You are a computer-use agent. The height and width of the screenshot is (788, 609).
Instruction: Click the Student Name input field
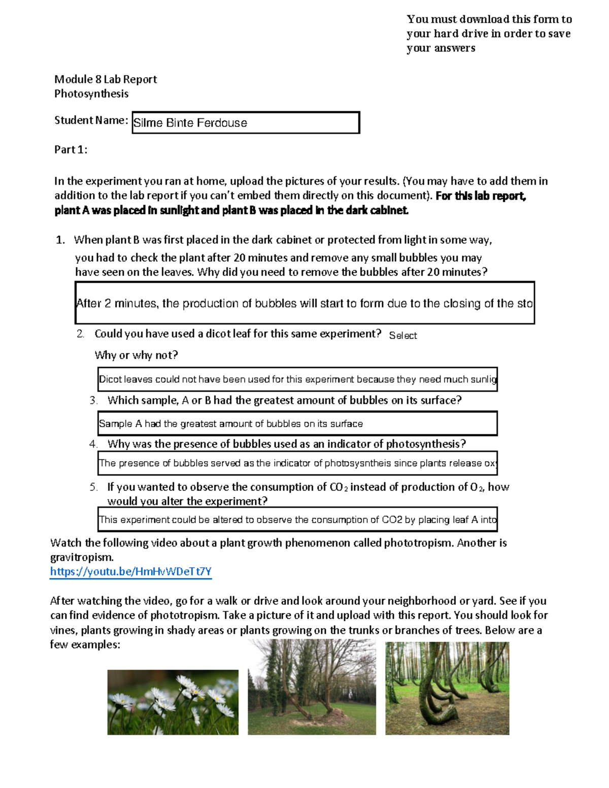[x=246, y=123]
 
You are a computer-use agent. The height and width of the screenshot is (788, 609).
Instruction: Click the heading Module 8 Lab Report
[x=106, y=79]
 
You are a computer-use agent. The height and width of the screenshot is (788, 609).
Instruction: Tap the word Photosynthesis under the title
[x=91, y=94]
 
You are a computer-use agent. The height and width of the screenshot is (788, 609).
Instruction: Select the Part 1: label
[x=71, y=149]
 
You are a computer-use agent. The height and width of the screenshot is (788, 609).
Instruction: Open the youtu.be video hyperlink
[x=130, y=572]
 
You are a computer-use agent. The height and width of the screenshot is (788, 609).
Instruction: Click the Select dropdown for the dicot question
[x=403, y=335]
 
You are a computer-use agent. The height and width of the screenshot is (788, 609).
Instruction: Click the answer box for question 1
[x=304, y=303]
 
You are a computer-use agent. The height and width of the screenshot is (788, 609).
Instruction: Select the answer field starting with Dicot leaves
[x=297, y=380]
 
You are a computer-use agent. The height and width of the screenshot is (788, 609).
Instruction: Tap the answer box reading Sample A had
[x=297, y=424]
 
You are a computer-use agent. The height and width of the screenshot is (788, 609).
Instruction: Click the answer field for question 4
[x=297, y=463]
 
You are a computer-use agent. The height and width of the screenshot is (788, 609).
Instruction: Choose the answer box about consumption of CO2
[x=297, y=520]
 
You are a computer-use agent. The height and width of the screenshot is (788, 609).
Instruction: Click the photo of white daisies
[x=173, y=702]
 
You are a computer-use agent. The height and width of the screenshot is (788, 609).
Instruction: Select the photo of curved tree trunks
[x=447, y=688]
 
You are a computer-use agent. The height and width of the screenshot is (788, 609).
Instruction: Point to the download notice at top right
[x=489, y=33]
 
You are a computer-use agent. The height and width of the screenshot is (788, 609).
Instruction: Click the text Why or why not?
[x=136, y=355]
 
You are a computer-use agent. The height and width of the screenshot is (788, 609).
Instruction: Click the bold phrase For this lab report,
[x=481, y=196]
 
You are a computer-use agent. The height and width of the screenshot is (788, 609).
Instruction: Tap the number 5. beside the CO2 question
[x=94, y=487]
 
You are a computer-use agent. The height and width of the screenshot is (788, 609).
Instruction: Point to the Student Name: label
[x=91, y=120]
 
